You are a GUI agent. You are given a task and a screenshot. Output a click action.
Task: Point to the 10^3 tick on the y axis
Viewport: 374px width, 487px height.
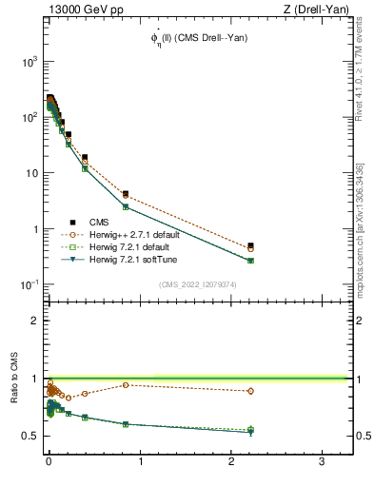pyautogui.click(x=29, y=61)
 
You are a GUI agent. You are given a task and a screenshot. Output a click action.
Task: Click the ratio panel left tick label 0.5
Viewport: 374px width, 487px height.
pyautogui.click(x=29, y=436)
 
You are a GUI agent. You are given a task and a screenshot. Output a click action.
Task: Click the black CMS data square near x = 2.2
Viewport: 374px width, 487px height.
pyautogui.click(x=250, y=245)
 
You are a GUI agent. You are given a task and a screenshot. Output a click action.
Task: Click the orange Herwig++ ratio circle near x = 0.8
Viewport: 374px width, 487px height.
pyautogui.click(x=126, y=385)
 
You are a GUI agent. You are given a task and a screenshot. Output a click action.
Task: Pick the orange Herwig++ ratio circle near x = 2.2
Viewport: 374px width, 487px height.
pyautogui.click(x=250, y=391)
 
